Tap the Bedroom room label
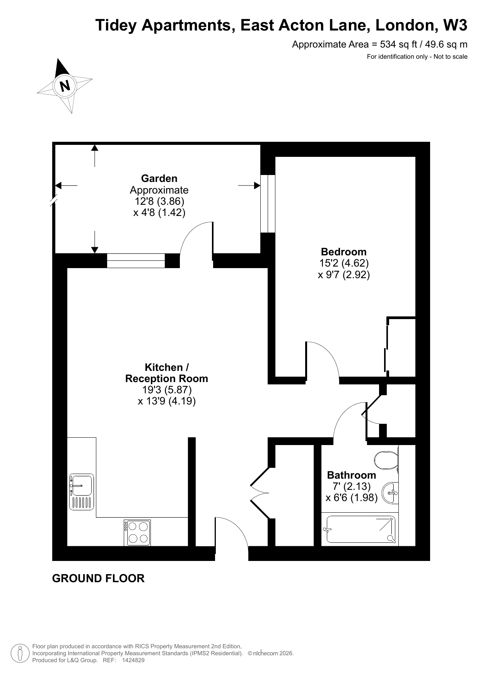click(344, 252)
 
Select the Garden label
click(159, 178)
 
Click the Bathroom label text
click(352, 475)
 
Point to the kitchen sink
click(81, 491)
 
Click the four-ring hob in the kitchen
click(137, 533)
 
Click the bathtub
click(360, 529)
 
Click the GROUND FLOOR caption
click(98, 578)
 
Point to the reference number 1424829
click(133, 660)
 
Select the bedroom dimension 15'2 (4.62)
click(344, 263)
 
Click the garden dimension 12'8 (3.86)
click(159, 201)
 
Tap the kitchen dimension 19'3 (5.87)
click(167, 390)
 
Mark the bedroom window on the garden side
click(268, 204)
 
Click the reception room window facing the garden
click(136, 260)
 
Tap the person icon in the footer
click(20, 653)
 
